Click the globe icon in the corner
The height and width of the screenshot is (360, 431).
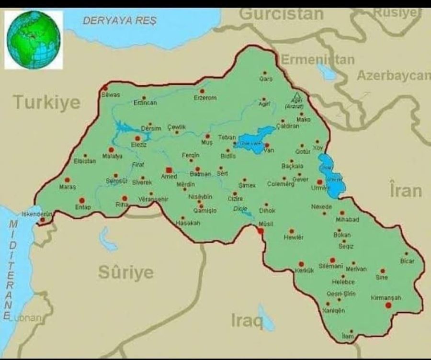click(34, 40)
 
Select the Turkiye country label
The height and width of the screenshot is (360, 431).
click(46, 102)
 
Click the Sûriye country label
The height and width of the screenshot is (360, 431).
click(126, 272)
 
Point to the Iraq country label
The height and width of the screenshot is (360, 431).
click(247, 321)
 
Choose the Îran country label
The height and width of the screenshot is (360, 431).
click(405, 190)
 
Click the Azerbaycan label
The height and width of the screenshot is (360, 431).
click(393, 76)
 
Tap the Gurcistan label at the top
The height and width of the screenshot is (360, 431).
click(281, 14)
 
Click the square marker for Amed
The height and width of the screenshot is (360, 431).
click(168, 170)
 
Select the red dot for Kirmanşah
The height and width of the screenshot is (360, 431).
click(388, 305)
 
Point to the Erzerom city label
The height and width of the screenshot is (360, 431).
click(205, 98)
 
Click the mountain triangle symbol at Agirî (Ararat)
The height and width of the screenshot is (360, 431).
click(297, 95)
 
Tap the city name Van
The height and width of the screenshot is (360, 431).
click(269, 151)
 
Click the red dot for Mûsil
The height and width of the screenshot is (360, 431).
click(261, 231)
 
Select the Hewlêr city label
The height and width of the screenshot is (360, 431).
click(294, 237)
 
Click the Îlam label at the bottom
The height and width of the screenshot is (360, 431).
click(348, 337)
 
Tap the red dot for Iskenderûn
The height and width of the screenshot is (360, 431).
click(43, 220)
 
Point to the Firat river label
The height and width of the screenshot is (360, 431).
click(137, 165)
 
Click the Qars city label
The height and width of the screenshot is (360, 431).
click(266, 79)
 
